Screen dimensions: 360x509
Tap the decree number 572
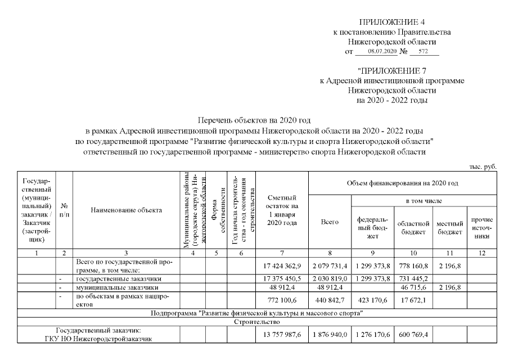coord(424,51)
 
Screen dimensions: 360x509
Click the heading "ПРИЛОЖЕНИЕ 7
coord(391,71)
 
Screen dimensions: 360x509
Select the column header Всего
coord(330,223)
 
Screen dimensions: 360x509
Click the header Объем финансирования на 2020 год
coord(403,183)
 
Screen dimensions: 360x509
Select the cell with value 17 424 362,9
coord(282,265)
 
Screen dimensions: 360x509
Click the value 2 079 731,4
coord(330,265)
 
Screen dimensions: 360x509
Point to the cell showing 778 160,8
coord(413,265)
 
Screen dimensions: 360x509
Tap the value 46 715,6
coord(413,287)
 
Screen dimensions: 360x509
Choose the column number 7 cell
coord(282,253)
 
